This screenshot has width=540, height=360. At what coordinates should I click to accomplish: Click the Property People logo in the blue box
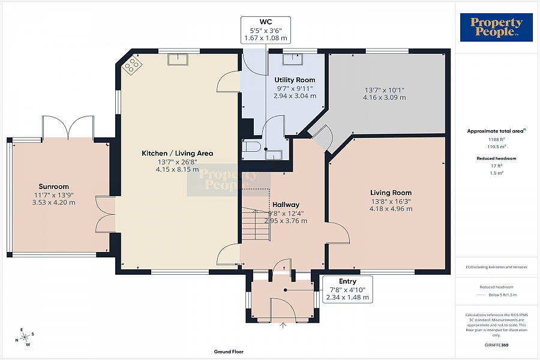(496, 28)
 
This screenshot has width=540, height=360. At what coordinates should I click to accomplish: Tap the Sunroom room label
(54, 187)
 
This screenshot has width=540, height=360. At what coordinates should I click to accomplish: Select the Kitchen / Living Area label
(178, 154)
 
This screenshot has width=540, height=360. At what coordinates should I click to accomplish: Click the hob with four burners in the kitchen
(132, 65)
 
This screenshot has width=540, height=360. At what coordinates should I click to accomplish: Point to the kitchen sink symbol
(178, 59)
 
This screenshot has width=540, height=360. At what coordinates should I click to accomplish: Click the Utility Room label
(295, 80)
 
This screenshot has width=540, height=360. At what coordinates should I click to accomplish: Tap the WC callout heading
(266, 22)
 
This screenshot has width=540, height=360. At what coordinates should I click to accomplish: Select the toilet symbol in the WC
(250, 146)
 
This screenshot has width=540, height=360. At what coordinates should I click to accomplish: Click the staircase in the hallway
(255, 224)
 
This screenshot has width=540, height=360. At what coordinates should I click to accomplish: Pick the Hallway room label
(286, 205)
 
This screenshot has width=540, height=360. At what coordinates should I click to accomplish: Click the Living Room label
(391, 193)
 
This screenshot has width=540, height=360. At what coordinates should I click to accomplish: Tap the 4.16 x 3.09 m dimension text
(385, 97)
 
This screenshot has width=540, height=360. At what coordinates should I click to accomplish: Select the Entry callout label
(347, 281)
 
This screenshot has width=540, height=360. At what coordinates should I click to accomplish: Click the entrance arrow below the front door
(283, 325)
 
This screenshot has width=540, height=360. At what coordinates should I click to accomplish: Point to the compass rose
(25, 337)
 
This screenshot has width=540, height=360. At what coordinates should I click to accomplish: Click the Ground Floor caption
(229, 352)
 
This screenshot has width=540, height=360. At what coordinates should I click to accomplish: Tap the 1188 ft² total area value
(496, 140)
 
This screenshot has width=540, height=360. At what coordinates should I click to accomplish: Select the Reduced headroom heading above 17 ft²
(496, 158)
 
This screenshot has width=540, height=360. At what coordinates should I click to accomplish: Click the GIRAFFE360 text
(496, 345)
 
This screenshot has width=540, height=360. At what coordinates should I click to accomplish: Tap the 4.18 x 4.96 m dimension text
(391, 209)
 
